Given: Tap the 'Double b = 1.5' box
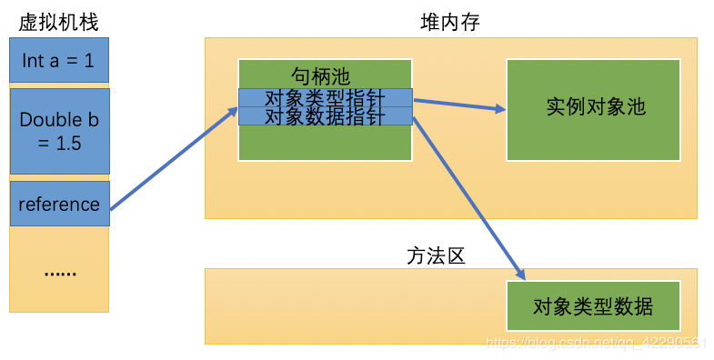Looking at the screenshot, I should [x=59, y=131].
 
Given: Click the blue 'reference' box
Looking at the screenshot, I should [x=59, y=204].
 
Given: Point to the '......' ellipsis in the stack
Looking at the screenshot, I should [x=60, y=272].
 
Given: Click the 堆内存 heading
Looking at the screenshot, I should [x=444, y=22].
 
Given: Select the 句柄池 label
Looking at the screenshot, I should [x=320, y=75].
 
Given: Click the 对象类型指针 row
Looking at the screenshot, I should [x=325, y=98].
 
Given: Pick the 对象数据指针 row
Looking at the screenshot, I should [x=325, y=116].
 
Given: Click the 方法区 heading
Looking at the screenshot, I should [x=436, y=256].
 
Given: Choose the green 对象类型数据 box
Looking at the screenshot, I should [x=593, y=305].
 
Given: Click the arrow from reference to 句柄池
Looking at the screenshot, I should [x=173, y=160].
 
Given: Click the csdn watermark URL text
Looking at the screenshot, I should [x=597, y=342].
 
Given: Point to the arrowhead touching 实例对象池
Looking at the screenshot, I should [x=500, y=109].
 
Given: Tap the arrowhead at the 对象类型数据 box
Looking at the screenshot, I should [x=521, y=274].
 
